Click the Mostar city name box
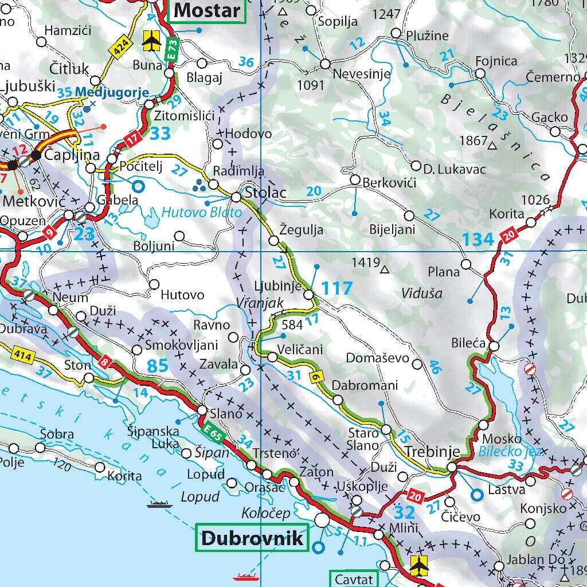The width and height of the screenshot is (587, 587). coord(207,10)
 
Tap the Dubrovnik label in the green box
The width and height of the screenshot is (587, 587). coord(251,538)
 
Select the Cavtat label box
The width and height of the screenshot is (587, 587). coord(354,579)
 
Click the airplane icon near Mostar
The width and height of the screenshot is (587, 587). coord(151,40)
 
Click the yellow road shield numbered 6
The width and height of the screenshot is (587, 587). coord(315,377)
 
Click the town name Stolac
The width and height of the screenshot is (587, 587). coord(265,192)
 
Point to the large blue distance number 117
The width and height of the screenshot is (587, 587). coord(336,288)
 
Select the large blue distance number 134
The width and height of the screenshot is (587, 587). coord(478,240)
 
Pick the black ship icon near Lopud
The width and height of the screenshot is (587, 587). coord(159,504)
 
